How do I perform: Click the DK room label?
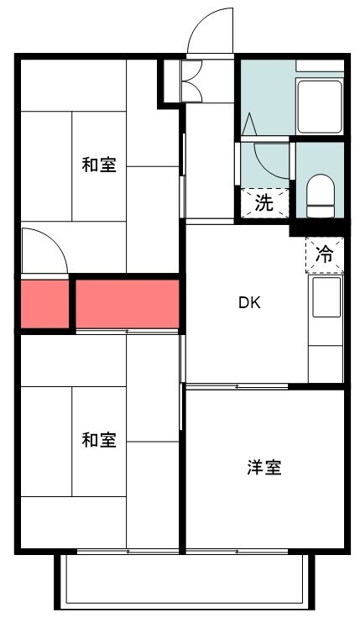pos(250,302)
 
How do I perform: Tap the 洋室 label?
pos(264,467)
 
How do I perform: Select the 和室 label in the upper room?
pos(99,165)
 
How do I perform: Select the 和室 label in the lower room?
pos(99,440)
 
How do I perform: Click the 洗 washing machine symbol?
pos(264,203)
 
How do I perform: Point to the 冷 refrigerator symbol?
pos(325,255)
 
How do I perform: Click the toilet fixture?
pos(321,196)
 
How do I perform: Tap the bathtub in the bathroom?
pos(320,107)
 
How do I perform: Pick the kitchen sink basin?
pos(326,297)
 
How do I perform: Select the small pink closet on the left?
pos(45,304)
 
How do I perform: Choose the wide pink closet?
pos(128,304)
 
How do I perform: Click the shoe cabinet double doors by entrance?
pos(192,81)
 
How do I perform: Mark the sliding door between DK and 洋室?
pos(237,386)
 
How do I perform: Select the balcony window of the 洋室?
pos(237,551)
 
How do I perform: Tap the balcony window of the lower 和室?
pos(128,551)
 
